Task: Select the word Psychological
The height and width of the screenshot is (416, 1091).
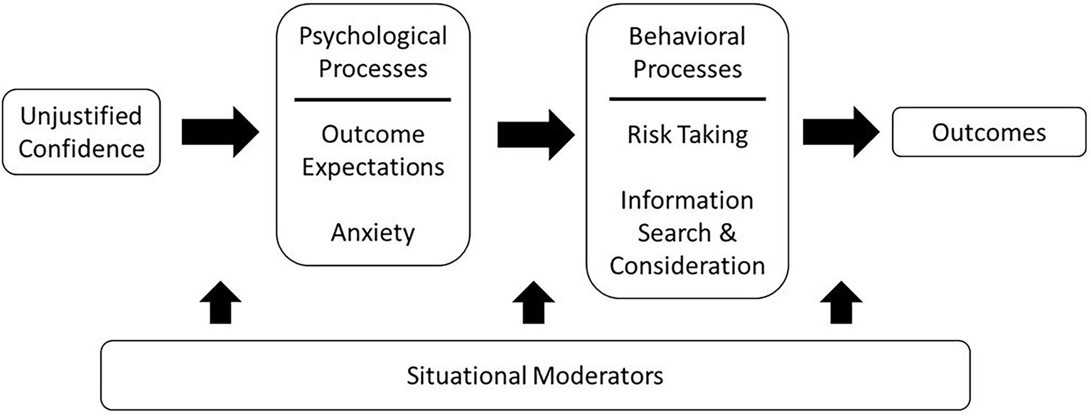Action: [x=372, y=36]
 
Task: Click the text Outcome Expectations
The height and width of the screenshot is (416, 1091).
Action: [x=372, y=150]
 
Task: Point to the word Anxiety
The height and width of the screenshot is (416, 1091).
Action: [x=372, y=232]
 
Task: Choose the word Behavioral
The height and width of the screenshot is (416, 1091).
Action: [x=687, y=36]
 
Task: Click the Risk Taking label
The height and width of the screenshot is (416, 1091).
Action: [x=687, y=135]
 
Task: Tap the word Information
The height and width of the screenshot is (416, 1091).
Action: [x=687, y=201]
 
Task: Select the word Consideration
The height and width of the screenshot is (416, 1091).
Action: [x=687, y=265]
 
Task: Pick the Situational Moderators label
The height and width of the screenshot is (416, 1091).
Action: [x=534, y=375]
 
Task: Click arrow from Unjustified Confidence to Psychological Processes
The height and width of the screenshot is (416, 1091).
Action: [x=220, y=133]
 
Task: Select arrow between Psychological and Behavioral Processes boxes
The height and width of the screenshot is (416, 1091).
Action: [x=535, y=133]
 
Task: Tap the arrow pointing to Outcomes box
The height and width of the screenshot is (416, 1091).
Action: [x=842, y=133]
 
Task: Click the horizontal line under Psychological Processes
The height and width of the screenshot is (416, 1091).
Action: [x=372, y=100]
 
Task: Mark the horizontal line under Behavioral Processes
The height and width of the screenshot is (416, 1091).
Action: [x=687, y=99]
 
